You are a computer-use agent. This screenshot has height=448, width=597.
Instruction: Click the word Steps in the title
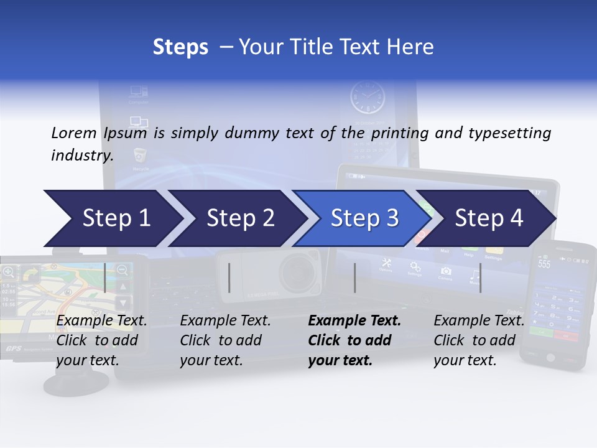(x=180, y=47)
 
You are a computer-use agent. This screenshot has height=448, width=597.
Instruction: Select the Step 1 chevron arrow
(x=112, y=218)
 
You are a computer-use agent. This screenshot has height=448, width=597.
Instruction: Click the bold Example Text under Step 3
(x=354, y=321)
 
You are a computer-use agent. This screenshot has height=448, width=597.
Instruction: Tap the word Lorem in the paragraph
(x=73, y=133)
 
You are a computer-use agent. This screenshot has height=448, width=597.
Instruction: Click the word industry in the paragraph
(x=81, y=156)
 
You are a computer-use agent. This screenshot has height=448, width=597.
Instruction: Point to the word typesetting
(x=511, y=133)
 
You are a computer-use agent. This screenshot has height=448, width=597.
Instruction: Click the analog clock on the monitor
(x=367, y=98)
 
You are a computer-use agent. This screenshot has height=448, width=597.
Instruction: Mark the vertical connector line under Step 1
(x=105, y=278)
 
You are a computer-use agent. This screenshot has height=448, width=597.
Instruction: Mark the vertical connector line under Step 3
(x=355, y=278)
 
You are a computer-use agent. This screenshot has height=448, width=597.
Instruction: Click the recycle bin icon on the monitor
(x=140, y=156)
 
